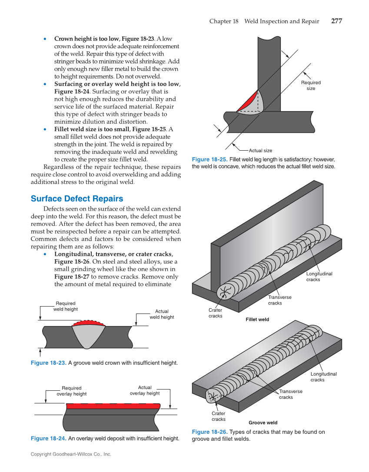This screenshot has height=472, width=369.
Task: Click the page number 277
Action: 336,21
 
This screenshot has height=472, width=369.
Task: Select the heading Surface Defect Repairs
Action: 77,198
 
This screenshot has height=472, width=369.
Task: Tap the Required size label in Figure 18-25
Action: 311,86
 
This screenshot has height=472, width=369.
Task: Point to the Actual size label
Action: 260,150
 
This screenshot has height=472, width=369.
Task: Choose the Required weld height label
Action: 65,306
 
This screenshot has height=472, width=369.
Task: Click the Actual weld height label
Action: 162,314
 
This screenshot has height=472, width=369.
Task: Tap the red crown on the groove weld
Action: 89,323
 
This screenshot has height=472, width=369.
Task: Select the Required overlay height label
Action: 71,391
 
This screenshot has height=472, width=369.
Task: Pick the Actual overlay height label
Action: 145,390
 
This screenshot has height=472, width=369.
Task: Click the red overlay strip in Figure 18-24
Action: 113,406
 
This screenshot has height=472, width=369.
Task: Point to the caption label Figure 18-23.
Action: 48,363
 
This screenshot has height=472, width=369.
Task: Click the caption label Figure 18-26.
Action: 209,432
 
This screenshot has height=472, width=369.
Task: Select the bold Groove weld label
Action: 263,422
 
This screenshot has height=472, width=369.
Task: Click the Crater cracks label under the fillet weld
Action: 215,313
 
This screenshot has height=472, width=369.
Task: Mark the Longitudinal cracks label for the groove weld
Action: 323,377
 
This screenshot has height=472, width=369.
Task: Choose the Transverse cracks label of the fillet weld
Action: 279,300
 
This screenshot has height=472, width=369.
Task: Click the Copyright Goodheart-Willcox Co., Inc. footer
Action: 71,454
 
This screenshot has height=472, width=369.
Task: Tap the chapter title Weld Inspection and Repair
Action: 282,21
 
